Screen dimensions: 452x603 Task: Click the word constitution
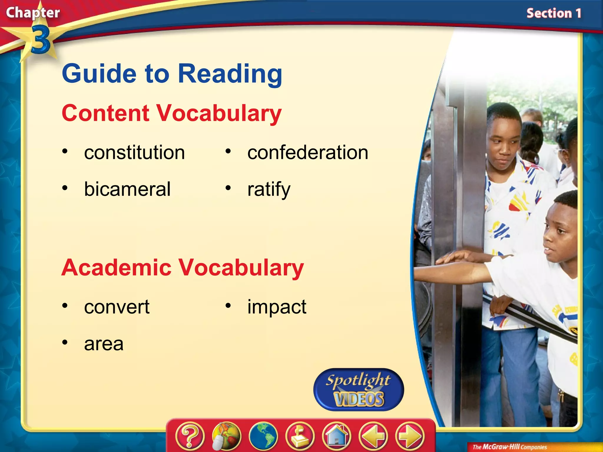[x=134, y=153]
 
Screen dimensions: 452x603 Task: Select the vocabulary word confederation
[x=308, y=153]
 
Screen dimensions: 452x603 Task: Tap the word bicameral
[x=127, y=189]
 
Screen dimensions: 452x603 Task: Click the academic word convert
[x=117, y=307]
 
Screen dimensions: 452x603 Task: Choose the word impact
[x=277, y=307]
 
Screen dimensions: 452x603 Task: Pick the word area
[x=104, y=344]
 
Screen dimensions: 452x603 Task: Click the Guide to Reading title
[x=172, y=74]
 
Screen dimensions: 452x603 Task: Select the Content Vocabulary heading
[x=172, y=113]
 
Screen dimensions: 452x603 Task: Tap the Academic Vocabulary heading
[x=183, y=267]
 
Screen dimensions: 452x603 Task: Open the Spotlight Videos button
[x=359, y=390]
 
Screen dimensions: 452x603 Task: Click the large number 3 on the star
[x=40, y=40]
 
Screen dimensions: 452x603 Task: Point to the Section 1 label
[x=554, y=14]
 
